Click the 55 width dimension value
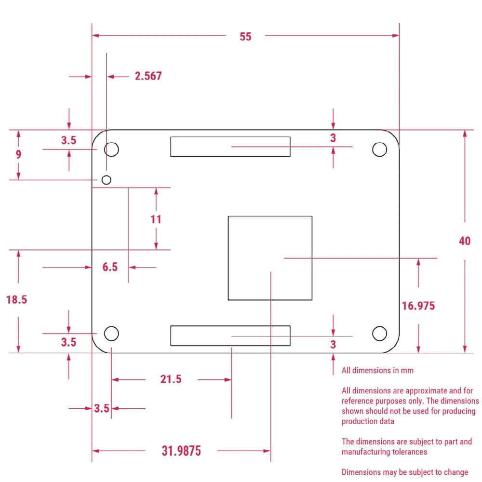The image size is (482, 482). (245, 37)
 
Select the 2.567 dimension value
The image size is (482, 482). (148, 76)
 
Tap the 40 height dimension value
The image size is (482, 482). (464, 241)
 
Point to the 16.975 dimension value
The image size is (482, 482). (418, 306)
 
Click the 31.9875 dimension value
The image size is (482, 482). (181, 451)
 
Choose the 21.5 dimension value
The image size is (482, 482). (171, 379)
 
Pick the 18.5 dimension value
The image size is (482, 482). (17, 300)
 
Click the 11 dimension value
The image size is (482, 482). (156, 220)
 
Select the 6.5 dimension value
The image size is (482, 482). (110, 267)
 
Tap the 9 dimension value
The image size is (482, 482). (18, 155)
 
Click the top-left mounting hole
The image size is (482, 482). (111, 149)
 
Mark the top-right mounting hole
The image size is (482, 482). (380, 149)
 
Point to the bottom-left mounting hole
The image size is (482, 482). (111, 333)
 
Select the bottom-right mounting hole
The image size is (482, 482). (380, 333)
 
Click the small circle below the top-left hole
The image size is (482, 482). (107, 180)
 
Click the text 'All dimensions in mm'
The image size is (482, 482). (377, 371)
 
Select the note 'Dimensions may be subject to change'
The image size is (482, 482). (404, 472)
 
